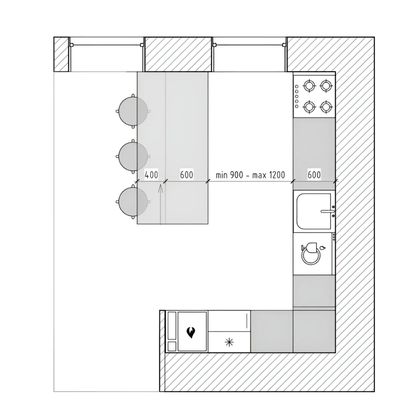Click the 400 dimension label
coord(151,175)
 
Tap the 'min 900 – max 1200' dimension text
coord(250,175)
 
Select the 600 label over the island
coord(186,175)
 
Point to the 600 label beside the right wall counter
coord(314,175)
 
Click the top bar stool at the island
coord(133,111)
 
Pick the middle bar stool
coord(133,156)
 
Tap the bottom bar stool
coord(133,202)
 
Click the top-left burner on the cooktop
coord(309,86)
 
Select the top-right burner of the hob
coord(326,86)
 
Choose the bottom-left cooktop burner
coord(309,107)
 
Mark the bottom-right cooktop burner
coord(326,107)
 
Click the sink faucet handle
coord(327,212)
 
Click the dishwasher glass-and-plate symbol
coord(312,254)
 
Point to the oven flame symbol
coord(191,332)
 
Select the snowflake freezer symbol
coord(229,342)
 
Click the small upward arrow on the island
coord(160,204)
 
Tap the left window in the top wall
coord(107,54)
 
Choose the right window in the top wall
coord(250,54)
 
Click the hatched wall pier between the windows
coord(178,54)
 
